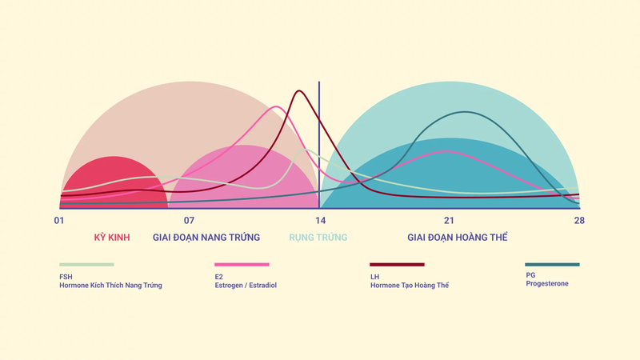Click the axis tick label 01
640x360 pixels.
[59, 221]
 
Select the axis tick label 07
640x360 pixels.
[190, 221]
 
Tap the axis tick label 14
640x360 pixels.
[320, 221]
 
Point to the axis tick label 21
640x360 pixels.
[450, 221]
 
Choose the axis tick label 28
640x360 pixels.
[579, 221]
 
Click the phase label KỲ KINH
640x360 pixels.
[112, 238]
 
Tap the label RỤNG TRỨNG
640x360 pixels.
[318, 238]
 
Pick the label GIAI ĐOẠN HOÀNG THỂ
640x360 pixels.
[457, 238]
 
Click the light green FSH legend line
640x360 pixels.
[86, 264]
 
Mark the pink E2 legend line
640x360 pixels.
[242, 264]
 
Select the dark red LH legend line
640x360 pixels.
[397, 264]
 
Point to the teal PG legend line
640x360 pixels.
[552, 264]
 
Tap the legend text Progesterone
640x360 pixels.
[547, 283]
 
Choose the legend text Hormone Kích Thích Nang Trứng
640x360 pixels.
[110, 285]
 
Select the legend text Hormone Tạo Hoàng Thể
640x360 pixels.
[410, 285]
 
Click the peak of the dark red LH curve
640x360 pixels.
[298, 90]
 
